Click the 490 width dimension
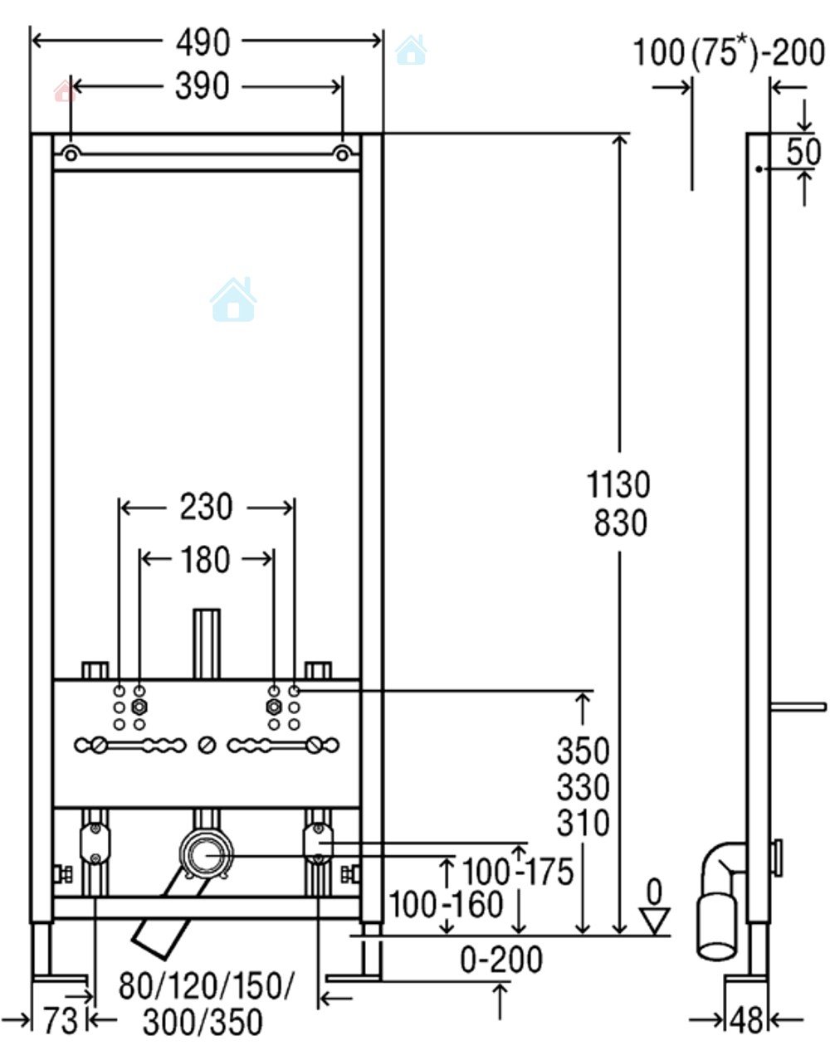(203, 43)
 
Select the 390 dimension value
(202, 86)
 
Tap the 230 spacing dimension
(206, 507)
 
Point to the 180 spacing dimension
(205, 559)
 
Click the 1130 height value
(618, 484)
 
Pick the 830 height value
(621, 523)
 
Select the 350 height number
(583, 750)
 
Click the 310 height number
(583, 822)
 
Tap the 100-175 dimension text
(518, 871)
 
